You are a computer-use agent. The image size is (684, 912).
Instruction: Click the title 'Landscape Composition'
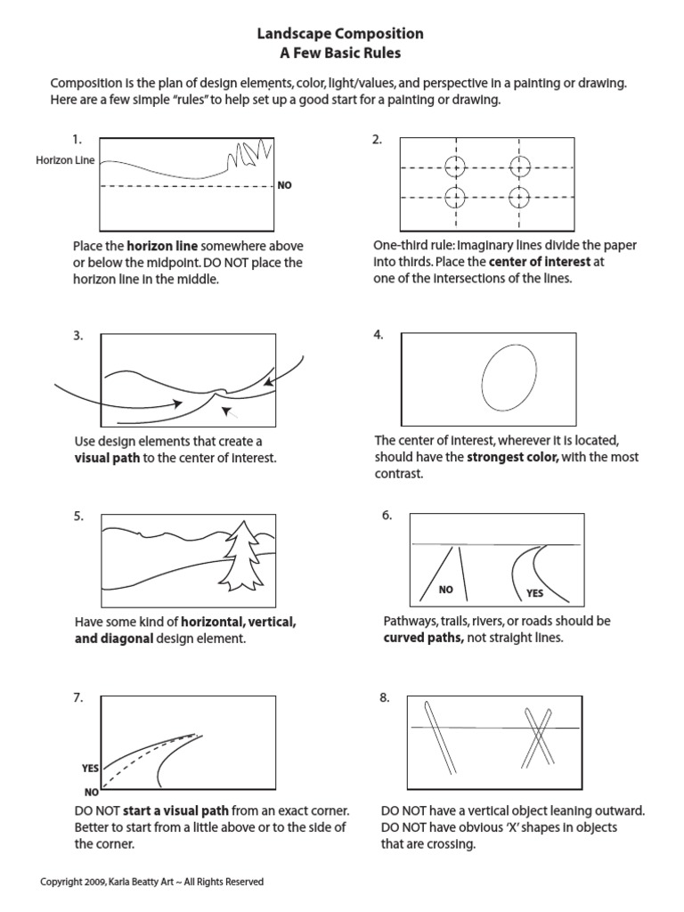point(340,34)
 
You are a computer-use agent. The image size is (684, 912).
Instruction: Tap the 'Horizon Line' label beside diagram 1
point(66,161)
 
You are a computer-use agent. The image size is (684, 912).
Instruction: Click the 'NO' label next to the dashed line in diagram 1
point(285,186)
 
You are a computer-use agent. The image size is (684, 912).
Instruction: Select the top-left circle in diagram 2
point(455,167)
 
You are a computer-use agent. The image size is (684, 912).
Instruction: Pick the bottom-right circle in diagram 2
point(520,197)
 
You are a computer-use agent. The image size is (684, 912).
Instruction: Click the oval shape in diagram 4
point(509,377)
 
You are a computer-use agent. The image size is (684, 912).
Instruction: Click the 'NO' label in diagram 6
point(446,590)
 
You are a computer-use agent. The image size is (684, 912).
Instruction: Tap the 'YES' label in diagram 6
point(535,593)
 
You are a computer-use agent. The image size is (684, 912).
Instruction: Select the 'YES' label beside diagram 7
point(90,768)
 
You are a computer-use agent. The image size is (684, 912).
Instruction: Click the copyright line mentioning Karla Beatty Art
point(152,882)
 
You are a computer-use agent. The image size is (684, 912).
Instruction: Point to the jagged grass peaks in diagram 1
point(245,153)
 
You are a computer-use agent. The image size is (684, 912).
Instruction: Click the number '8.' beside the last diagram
point(385,697)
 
